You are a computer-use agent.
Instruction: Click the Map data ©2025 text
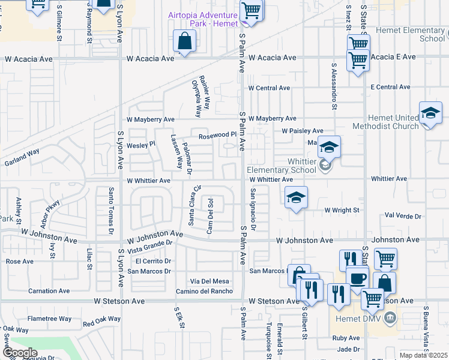click(x=423, y=355)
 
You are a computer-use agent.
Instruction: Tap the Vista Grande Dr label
click(x=150, y=246)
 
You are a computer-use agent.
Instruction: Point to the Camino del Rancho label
click(x=204, y=292)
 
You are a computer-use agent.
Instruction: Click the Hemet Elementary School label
click(x=408, y=34)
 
